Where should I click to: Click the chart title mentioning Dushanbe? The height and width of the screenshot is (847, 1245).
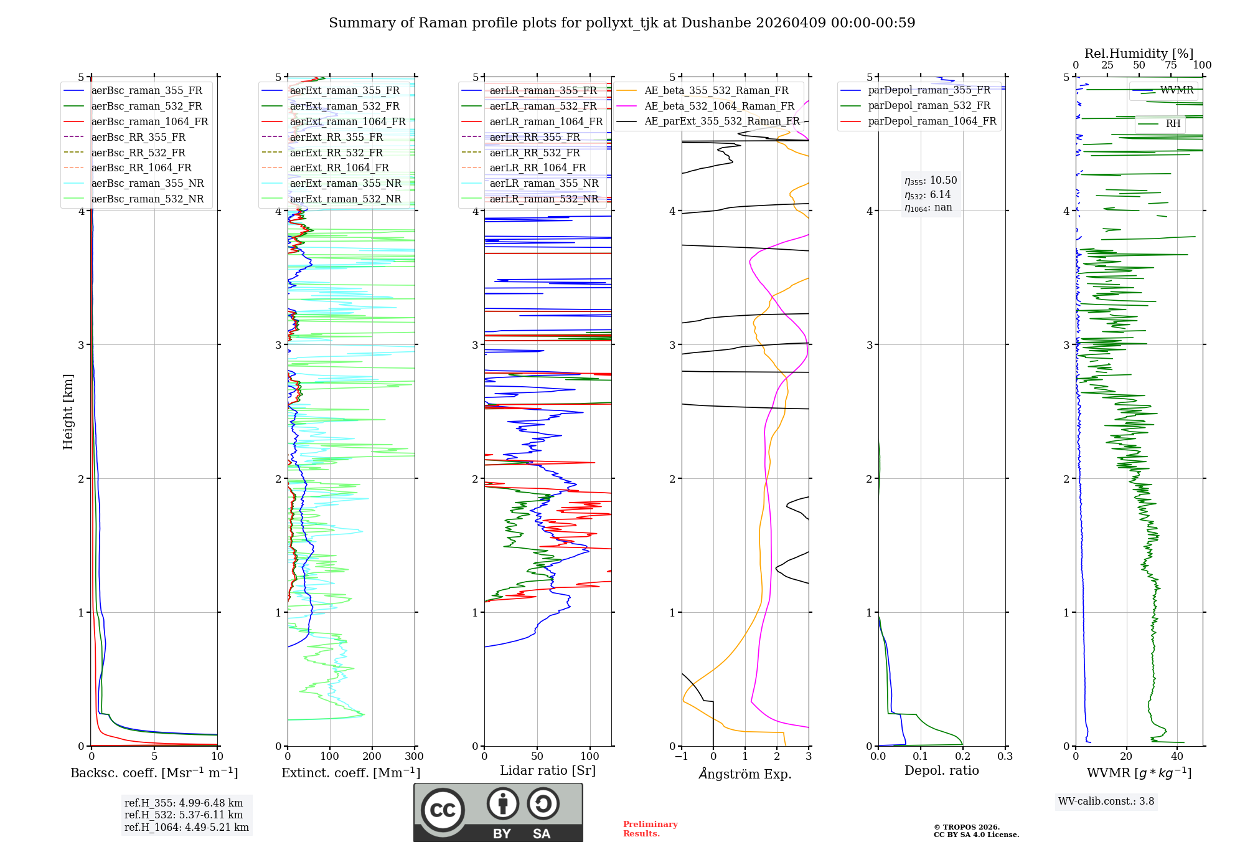coord(622,23)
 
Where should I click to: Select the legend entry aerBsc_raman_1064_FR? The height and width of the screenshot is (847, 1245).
coord(149,121)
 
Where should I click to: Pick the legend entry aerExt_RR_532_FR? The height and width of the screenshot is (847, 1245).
coord(336,153)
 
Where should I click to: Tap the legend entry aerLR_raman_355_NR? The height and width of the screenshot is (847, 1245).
coord(543,183)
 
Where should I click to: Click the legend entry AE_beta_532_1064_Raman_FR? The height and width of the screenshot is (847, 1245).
coord(719,106)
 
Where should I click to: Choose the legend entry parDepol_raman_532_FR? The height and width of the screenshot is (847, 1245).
coord(929,106)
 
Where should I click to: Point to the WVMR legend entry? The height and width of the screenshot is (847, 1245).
coord(1177,90)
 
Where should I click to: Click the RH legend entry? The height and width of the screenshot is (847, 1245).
coord(1173,124)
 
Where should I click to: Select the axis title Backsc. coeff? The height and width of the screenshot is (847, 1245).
coord(154,773)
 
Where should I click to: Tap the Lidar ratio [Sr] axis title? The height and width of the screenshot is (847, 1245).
coord(548,771)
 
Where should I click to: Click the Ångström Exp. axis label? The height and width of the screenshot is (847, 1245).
coord(745,774)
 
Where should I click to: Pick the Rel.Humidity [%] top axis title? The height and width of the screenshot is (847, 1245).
coord(1139,54)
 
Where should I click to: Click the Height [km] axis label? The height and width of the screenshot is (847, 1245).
coord(68,411)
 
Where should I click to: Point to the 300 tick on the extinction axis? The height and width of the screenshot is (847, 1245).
coord(414,757)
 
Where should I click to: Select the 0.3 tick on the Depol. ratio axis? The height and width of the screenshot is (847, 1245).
coord(1005,757)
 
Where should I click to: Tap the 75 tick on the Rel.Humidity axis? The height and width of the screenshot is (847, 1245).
coord(1170,65)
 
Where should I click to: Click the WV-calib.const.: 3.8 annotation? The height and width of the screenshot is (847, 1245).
coord(1106,802)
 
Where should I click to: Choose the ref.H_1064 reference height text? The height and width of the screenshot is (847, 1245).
coord(186,827)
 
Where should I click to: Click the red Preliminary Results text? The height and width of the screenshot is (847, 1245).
coord(650,829)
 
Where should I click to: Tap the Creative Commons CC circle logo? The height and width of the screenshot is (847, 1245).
coord(443,810)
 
